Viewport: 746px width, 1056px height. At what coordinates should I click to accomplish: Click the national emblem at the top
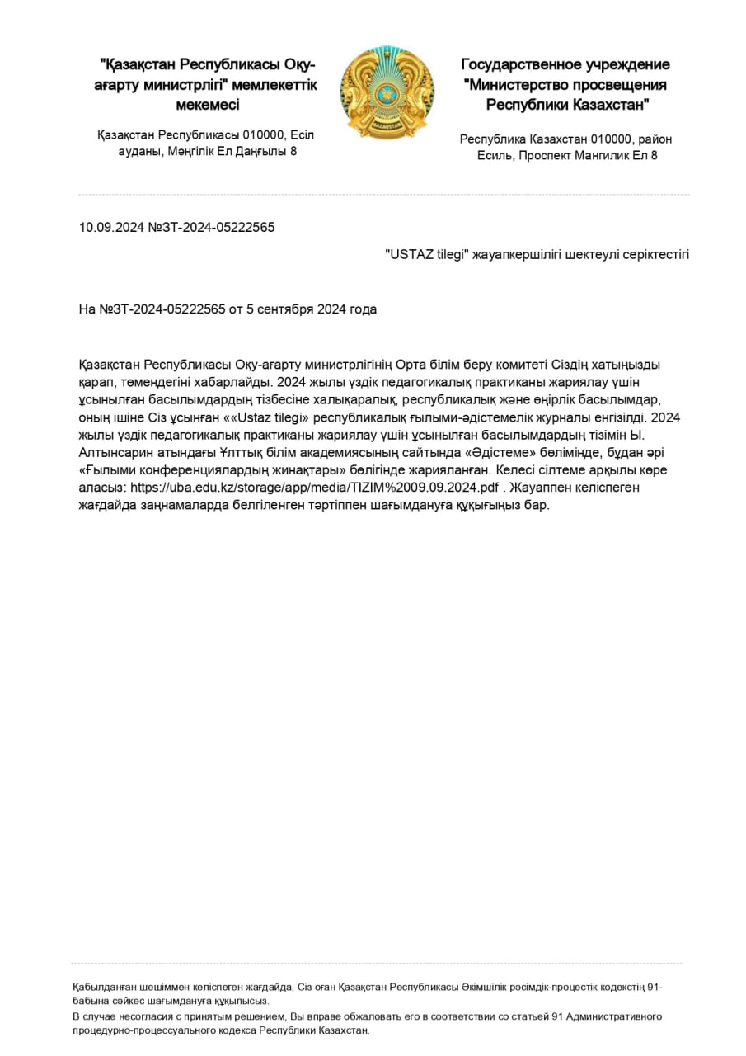[x=387, y=93]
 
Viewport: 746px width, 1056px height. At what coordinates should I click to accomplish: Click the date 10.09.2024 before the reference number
[x=111, y=227]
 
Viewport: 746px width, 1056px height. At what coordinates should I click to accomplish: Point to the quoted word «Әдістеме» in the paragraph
[x=480, y=453]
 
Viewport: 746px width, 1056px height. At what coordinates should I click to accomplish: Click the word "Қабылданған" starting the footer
[x=102, y=987]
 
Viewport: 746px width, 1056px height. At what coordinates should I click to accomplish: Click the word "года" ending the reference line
[x=363, y=309]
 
